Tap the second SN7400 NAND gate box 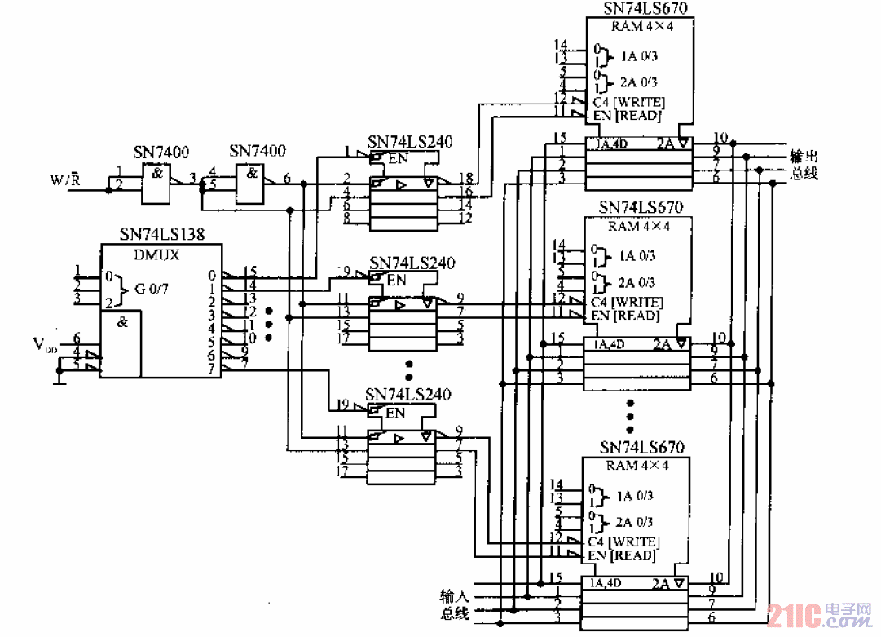tap(255, 182)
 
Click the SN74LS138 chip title tap(161, 234)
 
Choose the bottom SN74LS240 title tap(410, 395)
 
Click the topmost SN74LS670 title tap(645, 8)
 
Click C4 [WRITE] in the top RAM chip tap(628, 102)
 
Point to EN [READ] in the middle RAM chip tap(625, 316)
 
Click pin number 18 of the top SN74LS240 tap(465, 178)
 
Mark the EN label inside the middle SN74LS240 tap(396, 281)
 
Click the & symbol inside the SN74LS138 tap(122, 321)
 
